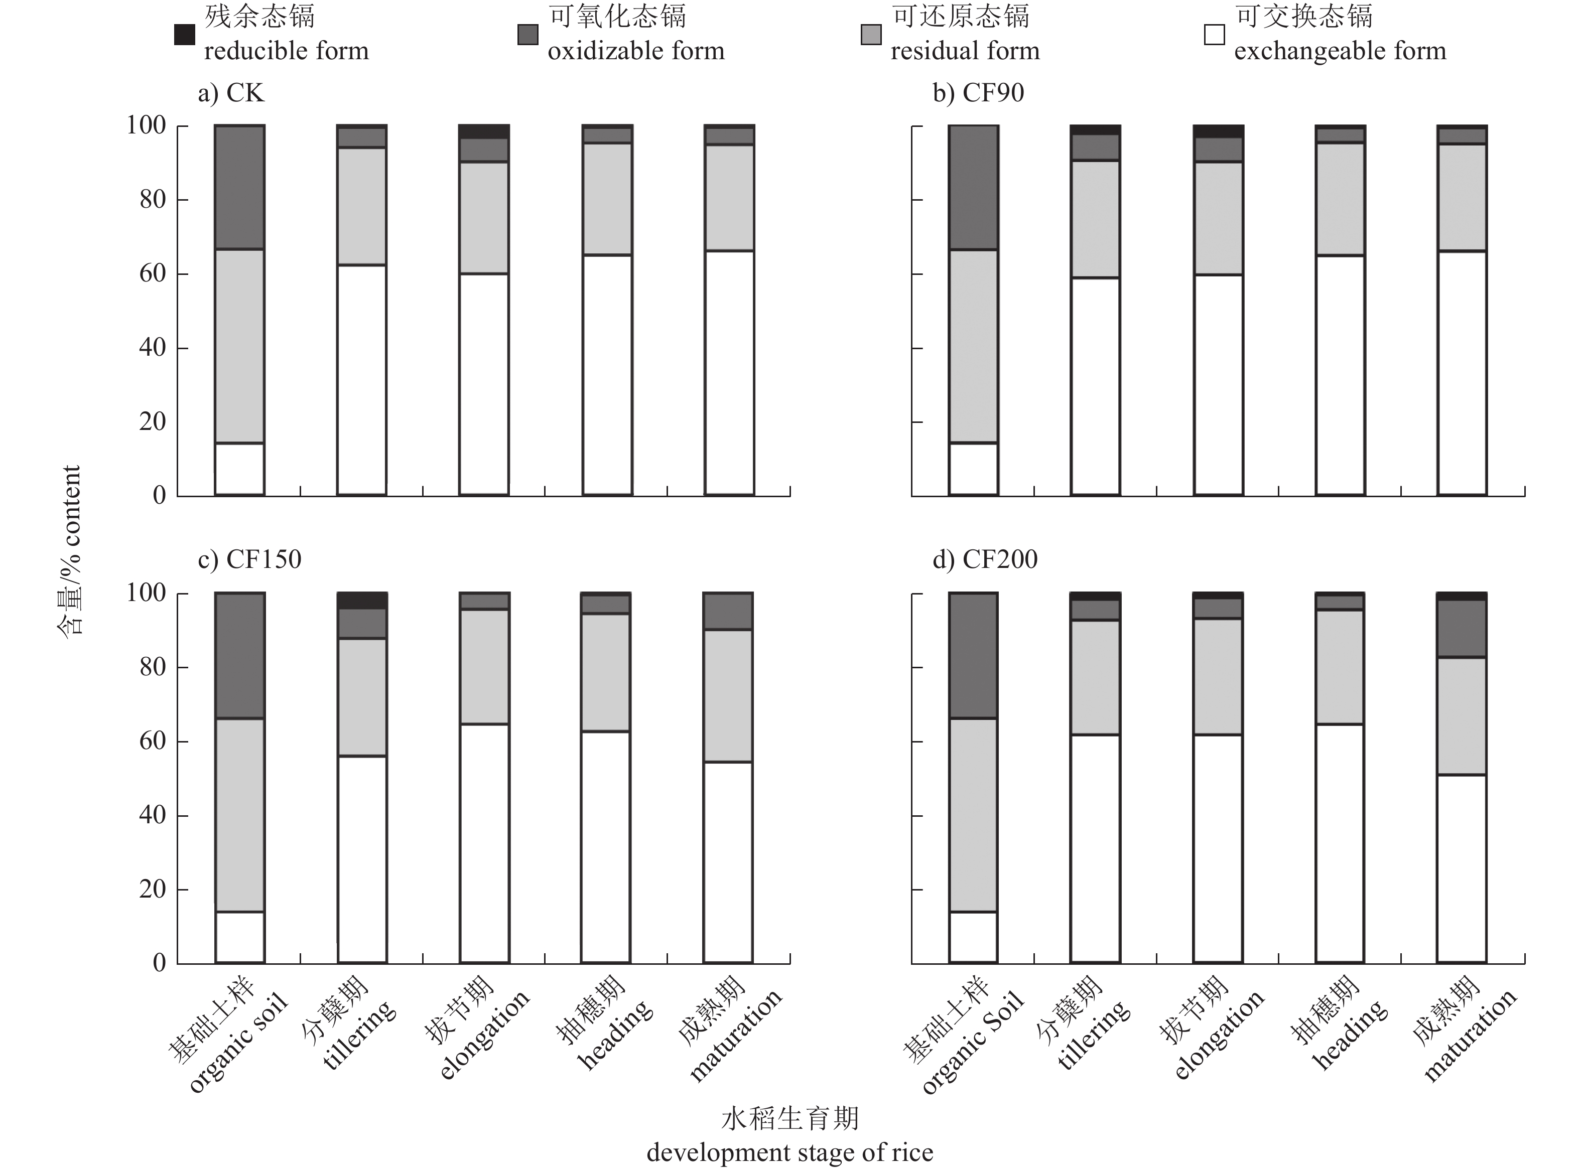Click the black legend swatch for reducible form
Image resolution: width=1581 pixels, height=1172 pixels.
185,35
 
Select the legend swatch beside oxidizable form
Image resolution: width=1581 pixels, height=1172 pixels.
527,35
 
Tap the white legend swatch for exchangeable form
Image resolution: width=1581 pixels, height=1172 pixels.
1214,35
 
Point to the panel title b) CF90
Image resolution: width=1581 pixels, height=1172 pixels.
978,93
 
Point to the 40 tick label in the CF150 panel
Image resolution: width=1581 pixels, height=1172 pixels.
153,815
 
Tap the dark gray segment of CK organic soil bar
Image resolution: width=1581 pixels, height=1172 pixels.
240,187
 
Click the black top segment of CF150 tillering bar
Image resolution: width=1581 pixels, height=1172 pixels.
362,600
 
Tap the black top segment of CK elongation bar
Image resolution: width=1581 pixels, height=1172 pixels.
484,131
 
